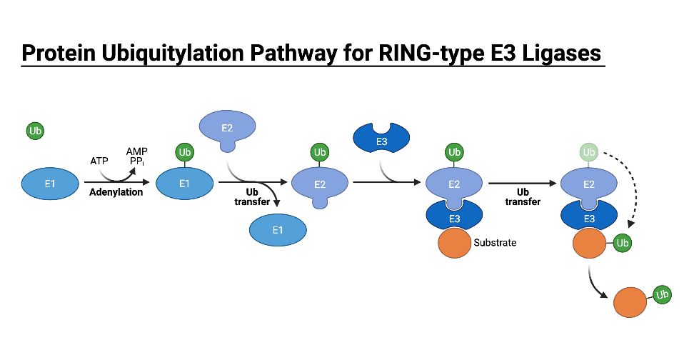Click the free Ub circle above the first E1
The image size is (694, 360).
click(36, 131)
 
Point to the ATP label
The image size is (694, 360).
click(99, 161)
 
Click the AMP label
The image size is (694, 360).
click(136, 151)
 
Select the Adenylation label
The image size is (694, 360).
click(116, 192)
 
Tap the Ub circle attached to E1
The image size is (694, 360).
click(184, 152)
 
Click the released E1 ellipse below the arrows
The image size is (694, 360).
click(277, 229)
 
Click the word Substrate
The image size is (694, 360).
click(495, 243)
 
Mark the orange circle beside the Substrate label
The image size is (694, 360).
click(454, 243)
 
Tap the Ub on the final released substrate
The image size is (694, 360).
click(662, 294)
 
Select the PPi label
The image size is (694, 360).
click(136, 162)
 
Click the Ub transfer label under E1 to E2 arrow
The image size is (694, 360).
click(252, 197)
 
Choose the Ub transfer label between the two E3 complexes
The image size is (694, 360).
click(523, 197)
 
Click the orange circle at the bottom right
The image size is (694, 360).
click(631, 301)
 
